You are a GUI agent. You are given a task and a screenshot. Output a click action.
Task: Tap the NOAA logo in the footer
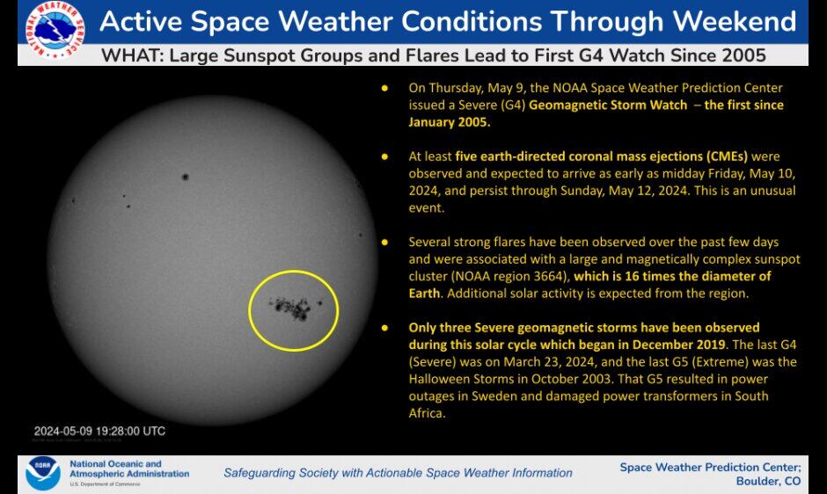pos(42,473)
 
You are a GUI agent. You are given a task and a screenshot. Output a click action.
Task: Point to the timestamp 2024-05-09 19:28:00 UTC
pos(99,431)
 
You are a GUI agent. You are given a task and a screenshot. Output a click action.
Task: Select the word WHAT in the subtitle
pos(129,55)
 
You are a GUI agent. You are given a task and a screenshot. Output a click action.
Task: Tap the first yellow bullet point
pos(384,88)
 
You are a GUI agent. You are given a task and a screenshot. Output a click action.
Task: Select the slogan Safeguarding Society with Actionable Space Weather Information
pos(398,473)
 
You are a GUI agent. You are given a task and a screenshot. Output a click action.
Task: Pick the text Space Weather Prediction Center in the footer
pos(709,467)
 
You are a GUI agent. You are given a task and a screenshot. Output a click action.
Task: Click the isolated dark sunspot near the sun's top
pos(185,177)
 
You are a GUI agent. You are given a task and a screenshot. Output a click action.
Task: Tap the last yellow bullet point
pos(384,328)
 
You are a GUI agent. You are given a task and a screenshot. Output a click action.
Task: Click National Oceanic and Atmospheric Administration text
pos(128,469)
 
